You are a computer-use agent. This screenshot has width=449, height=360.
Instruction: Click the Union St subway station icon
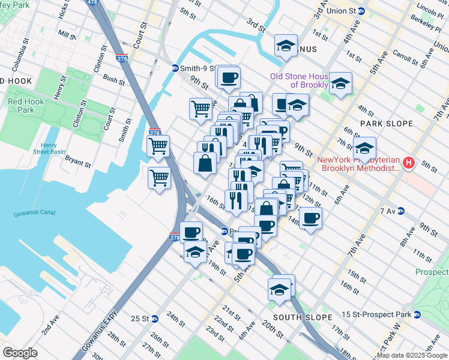click(361, 11)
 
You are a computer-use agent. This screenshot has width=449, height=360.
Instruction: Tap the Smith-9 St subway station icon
click(175, 68)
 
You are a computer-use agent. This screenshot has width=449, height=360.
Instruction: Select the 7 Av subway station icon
click(400, 211)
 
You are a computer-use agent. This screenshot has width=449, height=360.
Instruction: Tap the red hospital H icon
click(409, 163)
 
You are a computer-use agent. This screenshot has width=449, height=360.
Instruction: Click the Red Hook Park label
click(26, 106)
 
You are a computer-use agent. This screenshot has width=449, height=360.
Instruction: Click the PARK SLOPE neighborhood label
click(386, 124)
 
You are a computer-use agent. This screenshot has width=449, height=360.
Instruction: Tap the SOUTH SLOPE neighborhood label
click(302, 317)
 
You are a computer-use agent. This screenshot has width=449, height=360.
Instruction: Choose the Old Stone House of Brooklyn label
click(299, 80)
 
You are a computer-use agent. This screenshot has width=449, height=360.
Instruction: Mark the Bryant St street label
click(77, 162)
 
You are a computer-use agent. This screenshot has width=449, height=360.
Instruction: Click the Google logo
click(20, 352)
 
